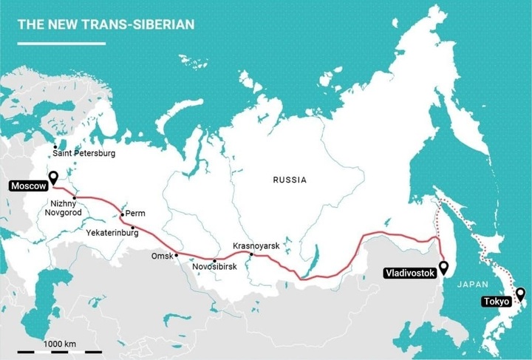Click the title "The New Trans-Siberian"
coord(106,24)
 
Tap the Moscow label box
coord(27,186)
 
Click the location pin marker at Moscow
coord(53,177)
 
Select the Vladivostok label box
coord(409,273)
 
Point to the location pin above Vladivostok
coord(443,267)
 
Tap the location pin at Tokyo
coord(520,294)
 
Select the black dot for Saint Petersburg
coord(55,147)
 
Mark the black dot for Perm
coord(122,215)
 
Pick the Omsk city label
coord(161,256)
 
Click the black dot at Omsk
coord(177,255)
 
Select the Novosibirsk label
coord(212,267)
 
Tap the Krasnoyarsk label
coord(256,245)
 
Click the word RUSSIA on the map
coord(289,180)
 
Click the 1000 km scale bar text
coord(59,344)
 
